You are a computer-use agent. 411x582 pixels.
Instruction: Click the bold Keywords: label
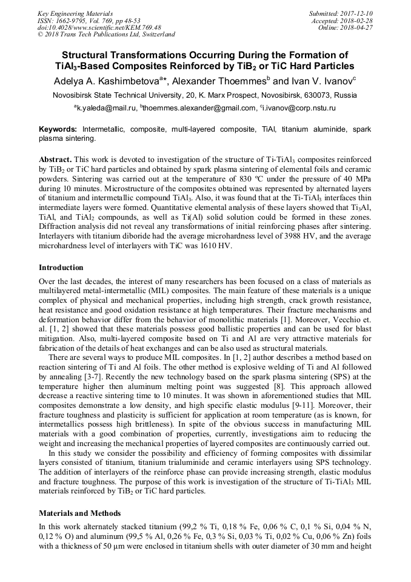coord(58,130)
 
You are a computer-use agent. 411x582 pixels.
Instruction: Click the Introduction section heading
coord(61,267)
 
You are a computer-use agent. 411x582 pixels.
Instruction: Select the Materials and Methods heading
coord(79,513)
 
